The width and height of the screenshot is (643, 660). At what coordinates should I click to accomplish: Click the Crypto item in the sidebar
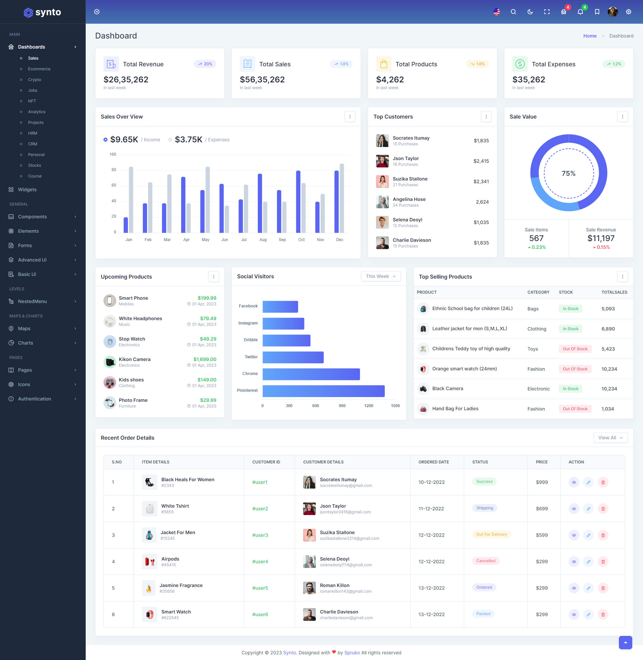34,80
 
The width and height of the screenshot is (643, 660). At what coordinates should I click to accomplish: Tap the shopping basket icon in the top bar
563,12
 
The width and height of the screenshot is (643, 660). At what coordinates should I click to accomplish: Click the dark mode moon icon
530,12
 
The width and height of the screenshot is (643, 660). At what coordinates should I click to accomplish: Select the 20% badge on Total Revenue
205,64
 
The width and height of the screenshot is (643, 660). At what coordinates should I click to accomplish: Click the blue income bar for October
298,202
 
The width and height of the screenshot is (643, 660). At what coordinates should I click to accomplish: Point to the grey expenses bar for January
131,200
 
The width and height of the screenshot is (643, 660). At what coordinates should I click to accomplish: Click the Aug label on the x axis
263,240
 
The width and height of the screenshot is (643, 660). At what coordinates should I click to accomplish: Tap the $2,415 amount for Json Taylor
481,161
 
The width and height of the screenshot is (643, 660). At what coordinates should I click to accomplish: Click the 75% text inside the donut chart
568,173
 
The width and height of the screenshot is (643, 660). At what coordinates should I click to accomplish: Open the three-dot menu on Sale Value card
622,117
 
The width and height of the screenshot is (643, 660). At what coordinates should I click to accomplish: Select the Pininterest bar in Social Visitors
323,390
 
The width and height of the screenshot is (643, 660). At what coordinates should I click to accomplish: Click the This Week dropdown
380,276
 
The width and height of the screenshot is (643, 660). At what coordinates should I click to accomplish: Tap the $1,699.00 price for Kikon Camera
205,359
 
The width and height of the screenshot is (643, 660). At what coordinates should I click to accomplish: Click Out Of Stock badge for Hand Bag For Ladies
575,409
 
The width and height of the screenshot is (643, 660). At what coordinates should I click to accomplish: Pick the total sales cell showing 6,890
608,329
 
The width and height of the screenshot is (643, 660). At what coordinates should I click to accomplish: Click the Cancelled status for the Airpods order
486,561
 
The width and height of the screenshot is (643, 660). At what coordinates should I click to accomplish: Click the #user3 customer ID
260,535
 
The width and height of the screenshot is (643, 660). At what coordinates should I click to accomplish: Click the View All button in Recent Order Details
610,438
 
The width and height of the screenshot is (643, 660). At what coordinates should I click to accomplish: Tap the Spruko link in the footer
352,653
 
